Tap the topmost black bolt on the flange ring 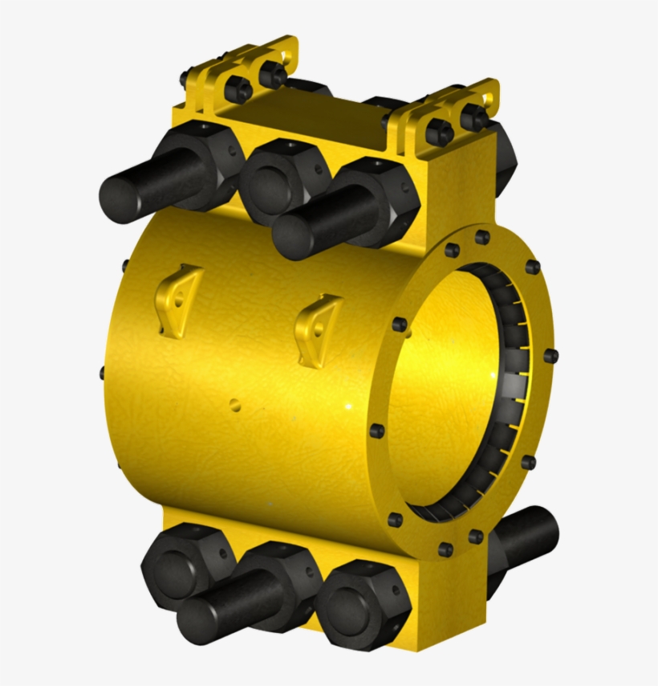(x=482, y=238)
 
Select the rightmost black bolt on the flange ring (x=550, y=355)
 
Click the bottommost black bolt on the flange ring (x=445, y=549)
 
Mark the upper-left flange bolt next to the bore (x=399, y=325)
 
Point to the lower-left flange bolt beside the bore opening (x=376, y=431)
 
